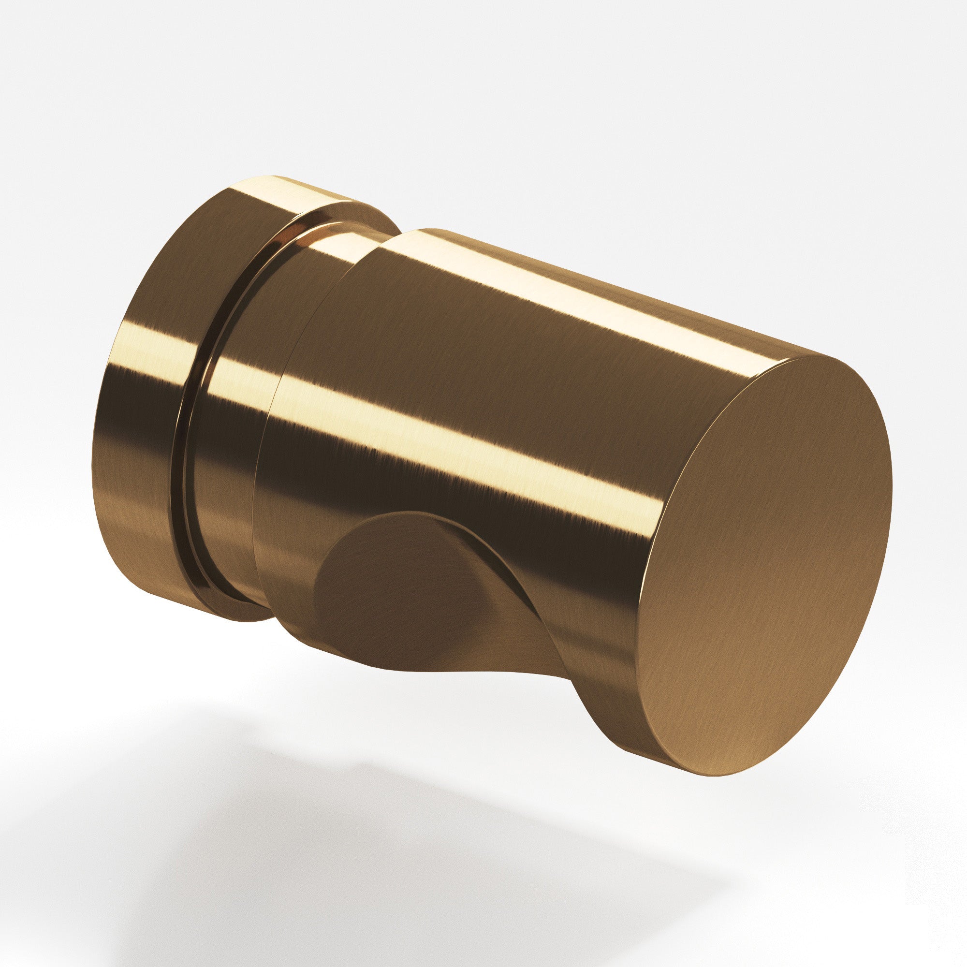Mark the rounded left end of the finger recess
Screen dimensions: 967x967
click(x=321, y=591)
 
